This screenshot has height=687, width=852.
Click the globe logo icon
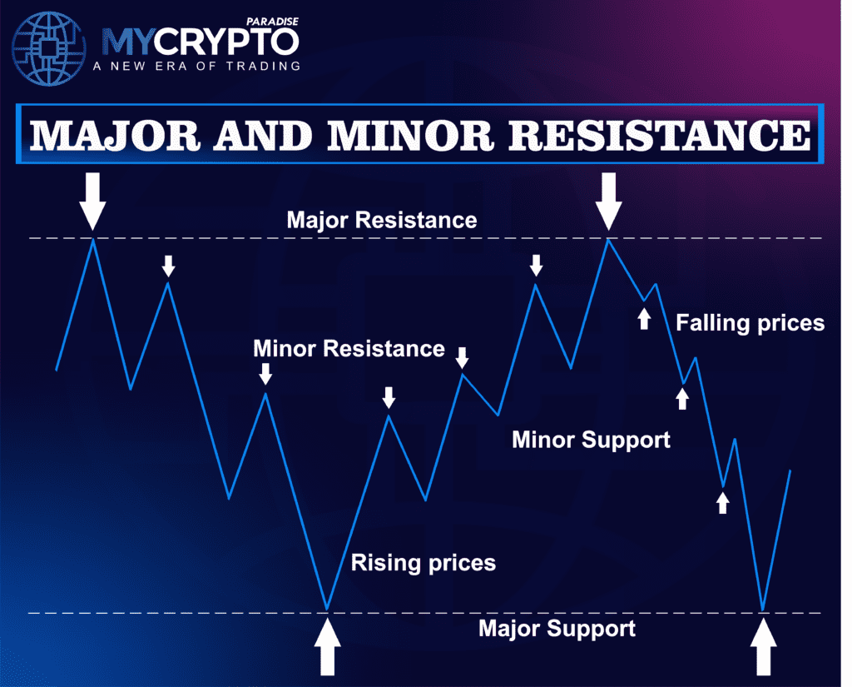(48, 49)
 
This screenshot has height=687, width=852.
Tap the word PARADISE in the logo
(272, 22)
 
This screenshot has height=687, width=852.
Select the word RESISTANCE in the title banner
(659, 135)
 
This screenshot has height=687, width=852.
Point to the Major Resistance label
(381, 221)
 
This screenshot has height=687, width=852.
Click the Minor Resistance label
(349, 349)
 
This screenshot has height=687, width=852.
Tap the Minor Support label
(591, 440)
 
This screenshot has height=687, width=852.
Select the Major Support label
(557, 629)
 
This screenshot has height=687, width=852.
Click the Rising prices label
(424, 563)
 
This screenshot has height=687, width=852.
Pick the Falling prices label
(750, 323)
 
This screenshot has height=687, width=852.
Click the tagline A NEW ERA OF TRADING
(196, 67)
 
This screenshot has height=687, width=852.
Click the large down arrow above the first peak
(92, 202)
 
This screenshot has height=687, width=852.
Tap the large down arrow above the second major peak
(608, 202)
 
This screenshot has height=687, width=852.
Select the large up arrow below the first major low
(328, 647)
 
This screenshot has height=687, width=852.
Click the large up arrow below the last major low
(764, 647)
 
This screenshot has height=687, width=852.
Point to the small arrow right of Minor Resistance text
(462, 358)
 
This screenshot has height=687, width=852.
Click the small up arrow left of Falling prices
(644, 319)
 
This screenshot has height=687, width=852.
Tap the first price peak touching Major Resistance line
(93, 239)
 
